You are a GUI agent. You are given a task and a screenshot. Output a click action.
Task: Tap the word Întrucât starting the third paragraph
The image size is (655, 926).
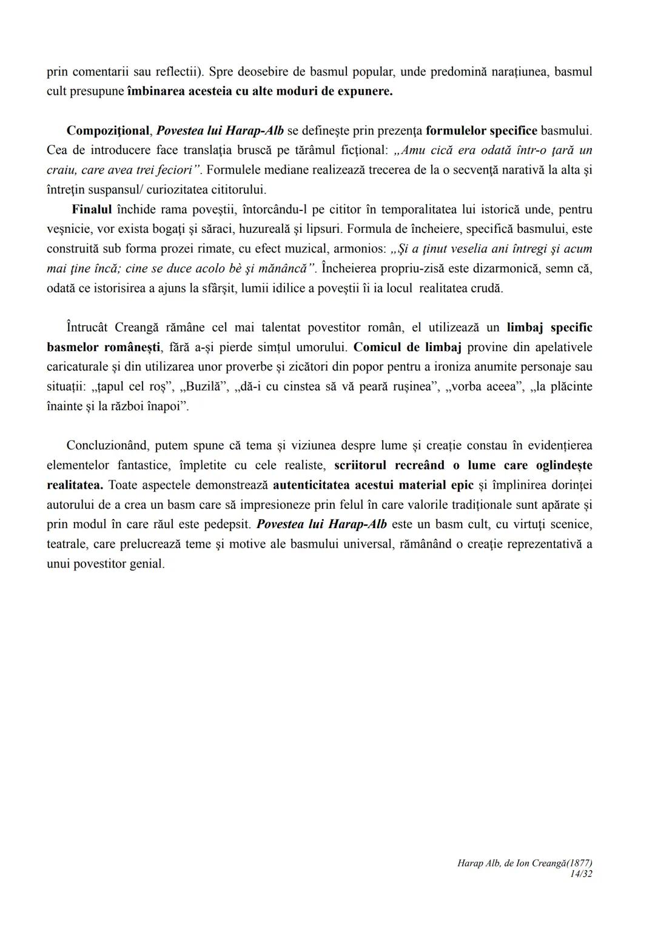[x=87, y=327]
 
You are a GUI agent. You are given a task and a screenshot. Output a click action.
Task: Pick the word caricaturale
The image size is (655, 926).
[x=77, y=367]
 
